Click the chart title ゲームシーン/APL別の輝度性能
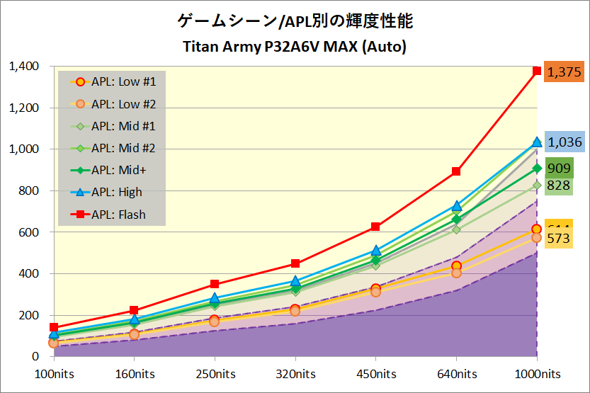tap(294, 21)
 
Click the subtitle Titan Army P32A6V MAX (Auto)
tap(294, 47)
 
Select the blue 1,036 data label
tap(565, 142)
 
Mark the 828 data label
tap(560, 186)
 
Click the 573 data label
tap(559, 239)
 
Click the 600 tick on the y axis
tap(29, 232)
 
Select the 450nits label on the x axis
tap(375, 374)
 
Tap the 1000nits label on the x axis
tap(536, 374)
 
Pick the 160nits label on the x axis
tap(134, 374)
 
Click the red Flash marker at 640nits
tap(456, 171)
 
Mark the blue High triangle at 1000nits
tap(537, 142)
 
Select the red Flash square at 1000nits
tap(537, 71)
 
